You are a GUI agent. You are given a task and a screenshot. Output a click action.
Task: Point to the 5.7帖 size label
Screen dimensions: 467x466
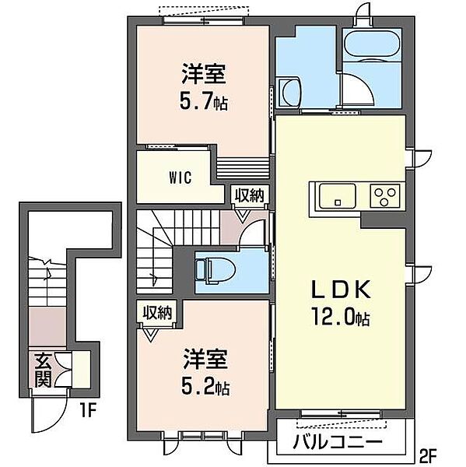pos(203,101)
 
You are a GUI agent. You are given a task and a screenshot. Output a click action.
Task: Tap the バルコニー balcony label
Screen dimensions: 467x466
pos(337,444)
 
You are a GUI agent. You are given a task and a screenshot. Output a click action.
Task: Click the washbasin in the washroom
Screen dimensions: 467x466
pos(289,88)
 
